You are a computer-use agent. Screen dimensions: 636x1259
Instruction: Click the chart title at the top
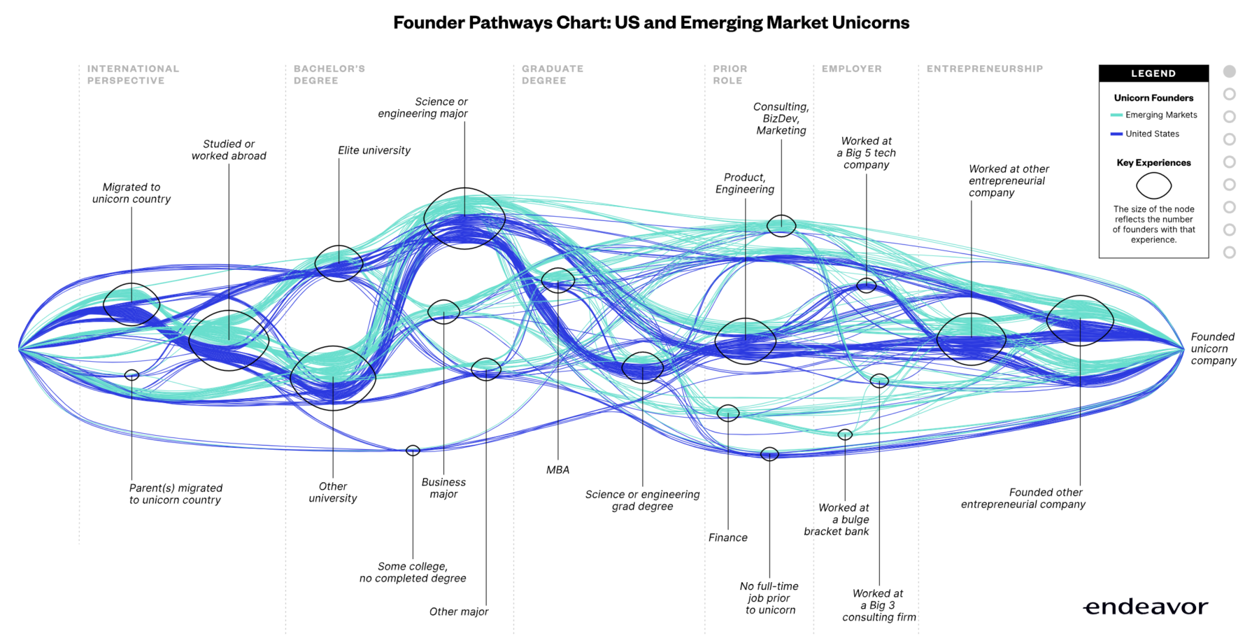650,23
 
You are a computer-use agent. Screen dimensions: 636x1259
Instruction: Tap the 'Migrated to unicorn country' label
131,193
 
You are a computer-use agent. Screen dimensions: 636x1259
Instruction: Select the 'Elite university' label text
374,150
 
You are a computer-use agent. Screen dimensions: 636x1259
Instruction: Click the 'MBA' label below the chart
557,470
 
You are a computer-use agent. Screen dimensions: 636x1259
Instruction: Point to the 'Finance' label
727,537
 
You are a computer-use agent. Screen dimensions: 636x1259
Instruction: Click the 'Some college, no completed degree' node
413,451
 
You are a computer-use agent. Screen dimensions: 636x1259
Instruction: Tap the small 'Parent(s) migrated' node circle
131,375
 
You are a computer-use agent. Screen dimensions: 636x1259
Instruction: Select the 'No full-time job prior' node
769,454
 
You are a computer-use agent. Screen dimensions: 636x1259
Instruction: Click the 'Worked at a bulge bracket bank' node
845,434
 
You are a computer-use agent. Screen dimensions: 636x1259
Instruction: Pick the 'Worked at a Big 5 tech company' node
867,285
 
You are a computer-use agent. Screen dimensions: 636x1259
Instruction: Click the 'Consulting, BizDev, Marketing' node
781,225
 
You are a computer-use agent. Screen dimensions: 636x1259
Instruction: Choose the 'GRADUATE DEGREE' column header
552,75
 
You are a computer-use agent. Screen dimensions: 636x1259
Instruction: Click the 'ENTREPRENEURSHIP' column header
984,69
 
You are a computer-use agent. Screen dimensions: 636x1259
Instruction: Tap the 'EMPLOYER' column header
851,69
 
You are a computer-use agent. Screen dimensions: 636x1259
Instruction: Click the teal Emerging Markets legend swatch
1116,115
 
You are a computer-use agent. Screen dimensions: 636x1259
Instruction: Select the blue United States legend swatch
1116,134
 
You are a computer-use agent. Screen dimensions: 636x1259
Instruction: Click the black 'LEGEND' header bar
1153,73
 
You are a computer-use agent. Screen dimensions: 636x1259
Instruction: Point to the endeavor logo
1146,607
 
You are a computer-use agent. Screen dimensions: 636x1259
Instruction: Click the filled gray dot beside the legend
1230,71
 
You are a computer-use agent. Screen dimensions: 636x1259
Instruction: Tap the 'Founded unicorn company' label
1213,348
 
